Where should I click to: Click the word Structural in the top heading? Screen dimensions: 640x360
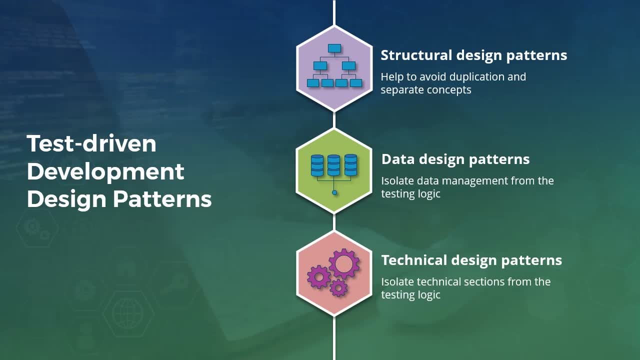pos(416,55)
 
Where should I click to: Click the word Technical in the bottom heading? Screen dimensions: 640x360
pos(414,260)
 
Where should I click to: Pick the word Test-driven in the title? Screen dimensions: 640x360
pos(91,143)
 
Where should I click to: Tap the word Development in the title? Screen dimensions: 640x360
pos(105,172)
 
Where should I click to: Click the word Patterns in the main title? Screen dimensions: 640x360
pos(162,199)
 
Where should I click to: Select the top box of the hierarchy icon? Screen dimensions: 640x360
pos(334,48)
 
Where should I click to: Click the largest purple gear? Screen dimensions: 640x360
pos(344,263)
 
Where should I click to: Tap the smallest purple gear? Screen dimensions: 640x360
pos(339,287)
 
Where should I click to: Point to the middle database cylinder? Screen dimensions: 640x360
pos(333,165)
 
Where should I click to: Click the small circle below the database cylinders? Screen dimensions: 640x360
pos(334,192)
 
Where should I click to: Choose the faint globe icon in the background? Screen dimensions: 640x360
pos(127,313)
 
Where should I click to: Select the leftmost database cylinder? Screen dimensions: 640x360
pos(317,165)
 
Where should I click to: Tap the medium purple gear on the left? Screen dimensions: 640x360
pos(318,277)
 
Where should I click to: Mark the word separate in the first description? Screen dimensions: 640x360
pos(399,90)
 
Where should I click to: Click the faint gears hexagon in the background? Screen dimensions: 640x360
pos(37,228)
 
